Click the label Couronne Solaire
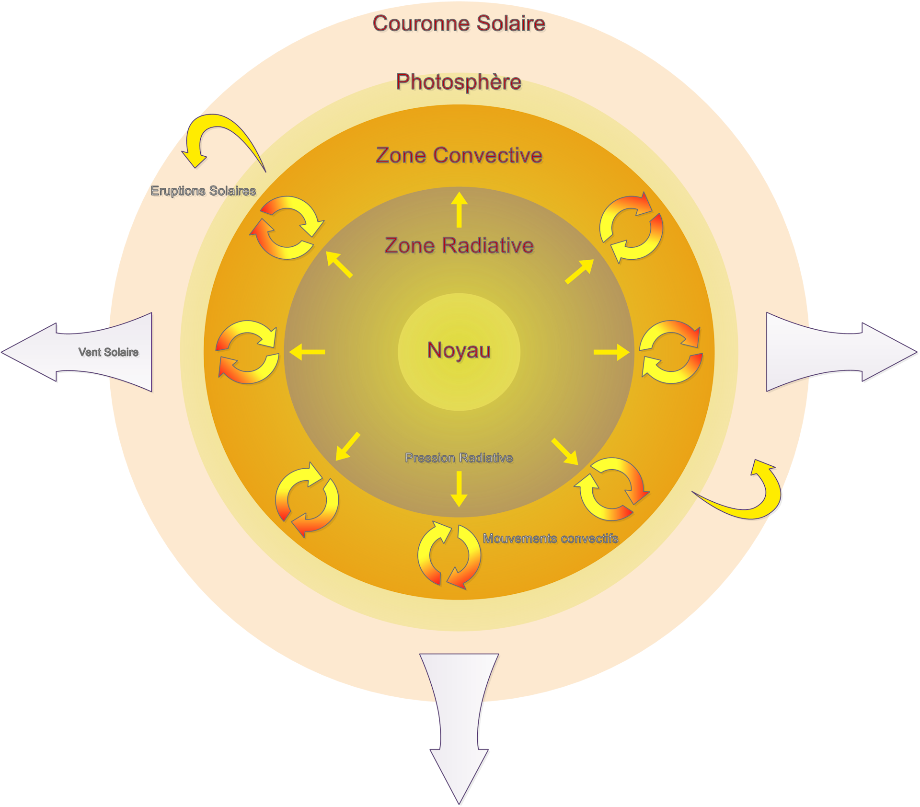tap(459, 23)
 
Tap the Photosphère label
tap(459, 82)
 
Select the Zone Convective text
tap(459, 155)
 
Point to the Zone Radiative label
tap(459, 245)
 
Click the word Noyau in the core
tap(459, 350)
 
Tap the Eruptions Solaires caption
tap(203, 191)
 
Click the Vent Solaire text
tap(108, 352)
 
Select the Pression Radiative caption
tap(459, 458)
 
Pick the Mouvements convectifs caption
tap(550, 539)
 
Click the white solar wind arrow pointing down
tap(459, 719)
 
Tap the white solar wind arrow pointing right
tap(834, 352)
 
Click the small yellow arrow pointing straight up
tap(459, 209)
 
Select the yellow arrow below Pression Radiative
tap(459, 489)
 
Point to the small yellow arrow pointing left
tap(307, 352)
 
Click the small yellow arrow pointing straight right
tap(611, 352)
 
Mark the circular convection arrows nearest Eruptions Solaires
tap(287, 228)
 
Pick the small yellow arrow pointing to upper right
tap(580, 271)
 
